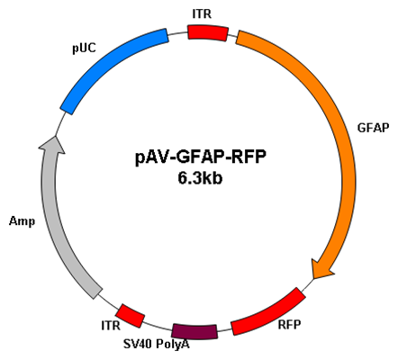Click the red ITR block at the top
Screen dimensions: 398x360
coord(208,32)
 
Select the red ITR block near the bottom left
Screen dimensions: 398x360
coord(131,316)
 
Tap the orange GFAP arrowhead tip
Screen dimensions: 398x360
coord(313,278)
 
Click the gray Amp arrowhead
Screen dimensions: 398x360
coord(53,145)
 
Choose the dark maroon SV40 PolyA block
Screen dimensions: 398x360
coord(194,331)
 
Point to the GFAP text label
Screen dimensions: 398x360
coord(373,128)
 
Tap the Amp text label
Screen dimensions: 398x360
coord(22,221)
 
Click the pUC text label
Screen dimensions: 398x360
coord(85,48)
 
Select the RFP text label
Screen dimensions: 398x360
coord(289,324)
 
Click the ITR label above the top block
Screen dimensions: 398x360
coord(202,13)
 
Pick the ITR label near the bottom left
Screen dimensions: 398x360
coord(111,325)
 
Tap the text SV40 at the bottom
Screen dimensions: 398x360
coord(138,344)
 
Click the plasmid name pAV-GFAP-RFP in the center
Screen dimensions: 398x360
coord(201,157)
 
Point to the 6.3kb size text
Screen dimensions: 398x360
coord(200,178)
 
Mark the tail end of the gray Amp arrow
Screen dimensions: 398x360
coord(97,294)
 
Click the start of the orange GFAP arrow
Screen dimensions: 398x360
coord(238,37)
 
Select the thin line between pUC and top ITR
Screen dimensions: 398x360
coord(177,33)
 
